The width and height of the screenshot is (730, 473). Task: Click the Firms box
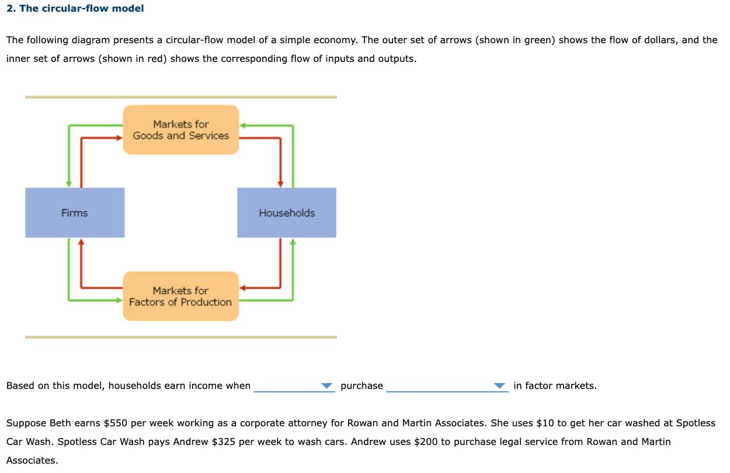pos(75,213)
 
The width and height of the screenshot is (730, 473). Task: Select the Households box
pos(287,213)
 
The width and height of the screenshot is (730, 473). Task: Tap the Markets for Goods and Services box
pos(180,130)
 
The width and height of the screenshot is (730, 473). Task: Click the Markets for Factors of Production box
pos(180,296)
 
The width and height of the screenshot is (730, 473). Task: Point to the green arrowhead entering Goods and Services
pos(243,125)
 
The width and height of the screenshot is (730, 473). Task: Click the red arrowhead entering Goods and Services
pos(119,138)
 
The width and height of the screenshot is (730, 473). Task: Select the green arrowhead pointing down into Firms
pos(69,183)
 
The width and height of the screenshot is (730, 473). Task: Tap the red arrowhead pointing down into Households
pos(281,183)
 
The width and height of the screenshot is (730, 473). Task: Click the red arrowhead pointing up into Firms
pos(81,242)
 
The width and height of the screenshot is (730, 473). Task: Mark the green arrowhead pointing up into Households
pos(293,242)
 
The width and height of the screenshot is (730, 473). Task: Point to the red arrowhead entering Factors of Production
pos(243,287)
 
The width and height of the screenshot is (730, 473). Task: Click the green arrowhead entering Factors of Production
pos(119,300)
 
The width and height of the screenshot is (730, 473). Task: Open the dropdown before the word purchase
pos(294,386)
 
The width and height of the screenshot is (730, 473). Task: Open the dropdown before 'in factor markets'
pos(447,386)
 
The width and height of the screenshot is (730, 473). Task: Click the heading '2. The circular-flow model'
pos(75,8)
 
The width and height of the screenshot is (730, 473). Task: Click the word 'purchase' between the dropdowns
pos(361,385)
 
